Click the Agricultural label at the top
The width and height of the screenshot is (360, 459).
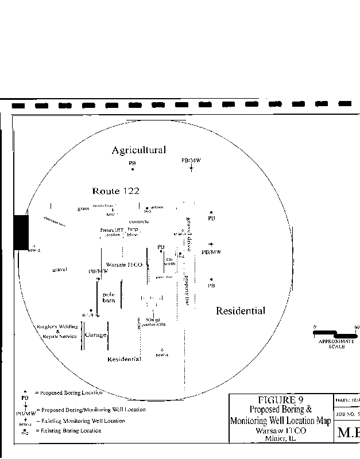click(138, 150)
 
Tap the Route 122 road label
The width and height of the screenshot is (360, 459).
click(115, 191)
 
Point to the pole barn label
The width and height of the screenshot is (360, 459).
click(109, 297)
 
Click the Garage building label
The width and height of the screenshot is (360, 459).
click(95, 334)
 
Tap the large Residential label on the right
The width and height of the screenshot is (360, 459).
click(241, 311)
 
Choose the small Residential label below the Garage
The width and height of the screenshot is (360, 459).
click(125, 359)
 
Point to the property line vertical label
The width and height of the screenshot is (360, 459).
click(187, 290)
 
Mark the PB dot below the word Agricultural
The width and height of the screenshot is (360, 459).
click(133, 169)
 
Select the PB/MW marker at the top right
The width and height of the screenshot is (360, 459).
click(191, 168)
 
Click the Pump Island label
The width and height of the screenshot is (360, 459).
click(133, 232)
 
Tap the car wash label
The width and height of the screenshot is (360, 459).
click(170, 261)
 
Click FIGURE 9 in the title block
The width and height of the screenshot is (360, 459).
click(280, 400)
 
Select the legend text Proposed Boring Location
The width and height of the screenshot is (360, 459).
click(69, 393)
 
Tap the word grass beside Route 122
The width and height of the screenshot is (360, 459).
click(83, 209)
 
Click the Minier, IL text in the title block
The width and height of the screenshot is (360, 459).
click(280, 438)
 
